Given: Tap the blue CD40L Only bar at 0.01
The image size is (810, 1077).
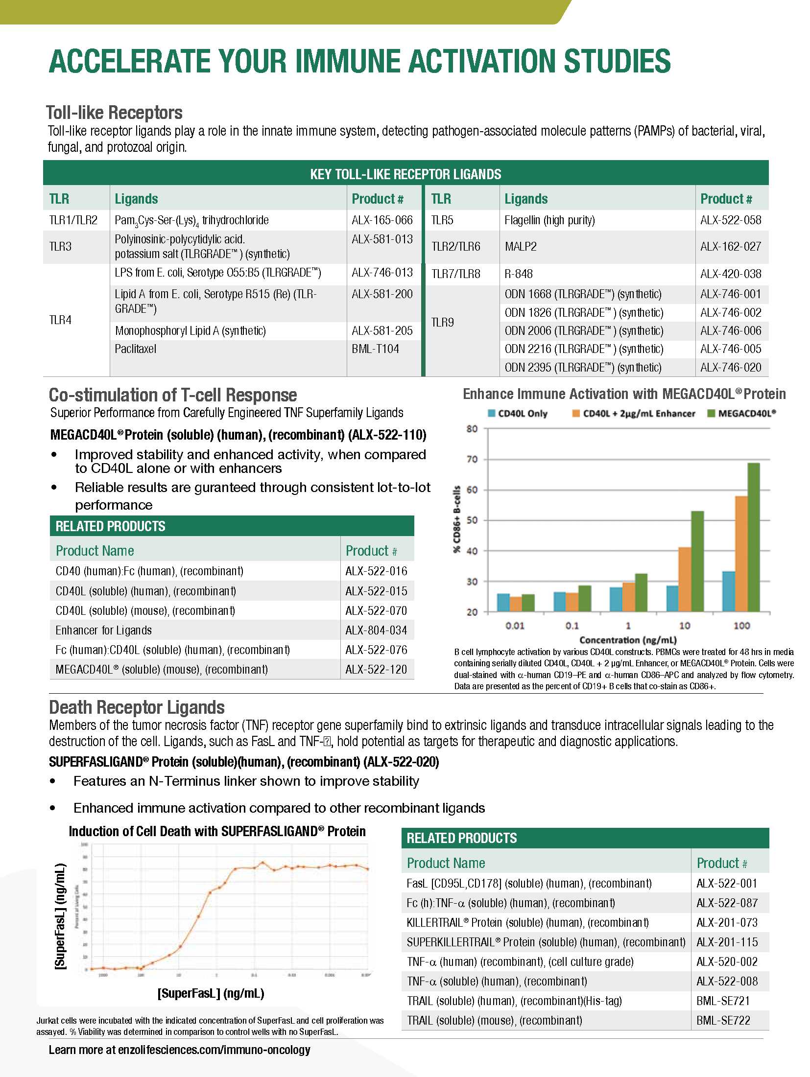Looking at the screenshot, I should (x=503, y=603).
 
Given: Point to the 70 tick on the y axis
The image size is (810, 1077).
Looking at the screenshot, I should (x=472, y=459).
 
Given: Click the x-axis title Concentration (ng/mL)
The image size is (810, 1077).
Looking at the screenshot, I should (x=628, y=640).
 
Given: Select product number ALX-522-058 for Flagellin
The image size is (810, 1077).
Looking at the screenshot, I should (x=731, y=220).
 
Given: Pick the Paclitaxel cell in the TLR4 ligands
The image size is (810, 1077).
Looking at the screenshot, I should (x=136, y=349).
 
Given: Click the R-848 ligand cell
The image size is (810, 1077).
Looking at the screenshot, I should (x=519, y=274).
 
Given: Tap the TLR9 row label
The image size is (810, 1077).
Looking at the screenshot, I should (x=442, y=322).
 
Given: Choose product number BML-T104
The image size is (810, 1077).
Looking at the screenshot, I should (x=375, y=349).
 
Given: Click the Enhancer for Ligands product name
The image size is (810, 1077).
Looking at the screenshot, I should (x=104, y=630).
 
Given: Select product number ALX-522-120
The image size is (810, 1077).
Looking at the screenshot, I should (x=376, y=669).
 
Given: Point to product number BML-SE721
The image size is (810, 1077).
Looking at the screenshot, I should (x=723, y=1001).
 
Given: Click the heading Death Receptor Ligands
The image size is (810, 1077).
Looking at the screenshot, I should (x=137, y=707).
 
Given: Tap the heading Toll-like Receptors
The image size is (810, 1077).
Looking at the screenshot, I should (x=114, y=113).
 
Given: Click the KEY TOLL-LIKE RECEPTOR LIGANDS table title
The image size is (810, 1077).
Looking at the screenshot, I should (x=405, y=174).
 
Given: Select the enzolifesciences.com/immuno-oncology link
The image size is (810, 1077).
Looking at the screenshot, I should (x=214, y=1050).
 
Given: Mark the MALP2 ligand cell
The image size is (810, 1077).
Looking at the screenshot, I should (x=521, y=246).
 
